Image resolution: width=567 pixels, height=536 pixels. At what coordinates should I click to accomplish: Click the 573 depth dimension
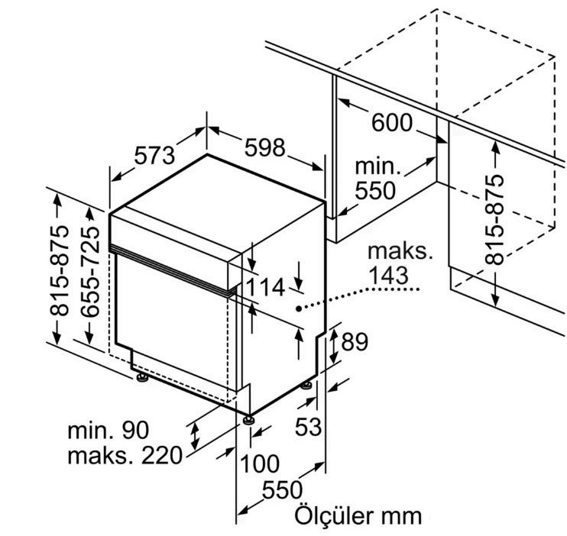click(x=154, y=157)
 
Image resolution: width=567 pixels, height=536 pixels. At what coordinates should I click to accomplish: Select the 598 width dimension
click(x=265, y=148)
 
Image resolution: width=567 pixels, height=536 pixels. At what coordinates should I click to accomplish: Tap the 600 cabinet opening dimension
click(x=392, y=122)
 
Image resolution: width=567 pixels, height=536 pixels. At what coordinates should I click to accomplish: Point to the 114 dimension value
click(x=266, y=288)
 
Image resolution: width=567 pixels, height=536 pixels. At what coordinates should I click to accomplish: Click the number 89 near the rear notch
click(x=355, y=341)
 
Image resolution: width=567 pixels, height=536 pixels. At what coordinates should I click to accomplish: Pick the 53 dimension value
click(x=308, y=427)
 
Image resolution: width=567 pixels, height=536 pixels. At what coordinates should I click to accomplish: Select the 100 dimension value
click(x=260, y=463)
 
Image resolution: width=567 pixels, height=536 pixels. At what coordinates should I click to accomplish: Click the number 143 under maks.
click(x=388, y=276)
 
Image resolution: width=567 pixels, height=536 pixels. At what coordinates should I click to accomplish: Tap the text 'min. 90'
click(x=108, y=430)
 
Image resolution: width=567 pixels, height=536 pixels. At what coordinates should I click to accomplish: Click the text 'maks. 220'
click(x=125, y=455)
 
